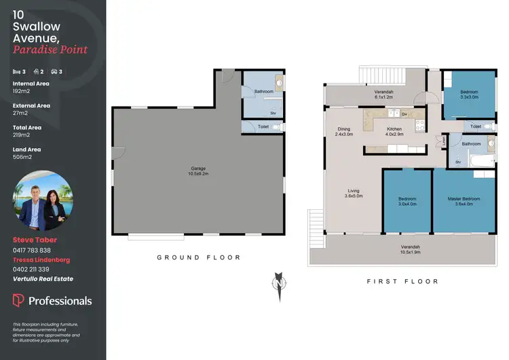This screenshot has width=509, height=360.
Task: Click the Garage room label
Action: tap(197, 171)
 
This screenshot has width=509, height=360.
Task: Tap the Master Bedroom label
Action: tap(464, 202)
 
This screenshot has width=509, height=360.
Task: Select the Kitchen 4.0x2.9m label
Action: tap(394, 132)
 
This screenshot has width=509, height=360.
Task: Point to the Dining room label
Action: tap(344, 132)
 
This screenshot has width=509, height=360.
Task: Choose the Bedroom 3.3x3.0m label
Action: tap(469, 94)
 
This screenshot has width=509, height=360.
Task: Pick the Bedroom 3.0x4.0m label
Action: tap(407, 202)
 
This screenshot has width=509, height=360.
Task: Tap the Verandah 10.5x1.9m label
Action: tap(410, 249)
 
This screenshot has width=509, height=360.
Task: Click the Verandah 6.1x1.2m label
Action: tap(384, 94)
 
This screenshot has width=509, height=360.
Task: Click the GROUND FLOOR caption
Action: tap(199, 257)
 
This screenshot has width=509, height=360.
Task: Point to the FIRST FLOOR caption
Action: tap(402, 281)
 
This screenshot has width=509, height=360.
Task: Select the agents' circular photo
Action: tap(42, 200)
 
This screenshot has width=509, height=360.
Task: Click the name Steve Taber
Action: tap(34, 240)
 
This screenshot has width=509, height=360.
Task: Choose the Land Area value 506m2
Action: tap(22, 157)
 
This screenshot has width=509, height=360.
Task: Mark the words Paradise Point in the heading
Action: tap(50, 50)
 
